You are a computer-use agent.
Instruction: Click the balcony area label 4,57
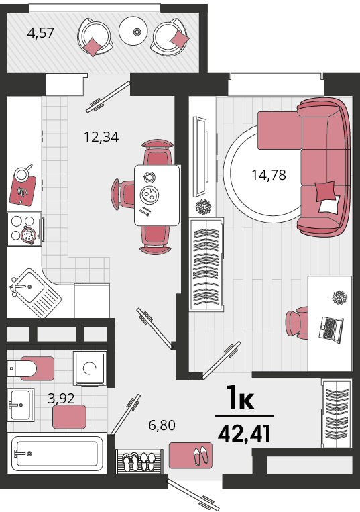[x=41, y=33]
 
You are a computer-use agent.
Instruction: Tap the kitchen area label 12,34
[x=101, y=137]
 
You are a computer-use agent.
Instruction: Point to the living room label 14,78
[x=269, y=175]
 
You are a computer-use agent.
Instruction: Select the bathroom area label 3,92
[x=61, y=399]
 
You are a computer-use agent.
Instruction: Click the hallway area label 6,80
[x=162, y=425]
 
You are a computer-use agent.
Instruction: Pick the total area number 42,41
[x=244, y=433]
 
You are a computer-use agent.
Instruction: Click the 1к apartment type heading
[x=240, y=397]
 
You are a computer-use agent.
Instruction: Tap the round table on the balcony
[x=136, y=32]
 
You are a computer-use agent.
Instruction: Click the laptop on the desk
[x=331, y=329]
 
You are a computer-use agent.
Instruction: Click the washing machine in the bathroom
[x=90, y=368]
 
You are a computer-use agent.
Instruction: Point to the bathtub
[x=57, y=453]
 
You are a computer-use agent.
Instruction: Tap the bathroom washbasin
[x=20, y=405]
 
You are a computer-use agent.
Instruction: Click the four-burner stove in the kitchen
[x=24, y=229]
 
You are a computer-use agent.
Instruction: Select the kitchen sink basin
[x=30, y=287]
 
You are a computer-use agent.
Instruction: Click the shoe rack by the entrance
[x=139, y=462]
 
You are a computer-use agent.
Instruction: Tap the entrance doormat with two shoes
[x=190, y=456]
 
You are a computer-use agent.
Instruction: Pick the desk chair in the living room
[x=297, y=323]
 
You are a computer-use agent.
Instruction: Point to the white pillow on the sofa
[x=329, y=205]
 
